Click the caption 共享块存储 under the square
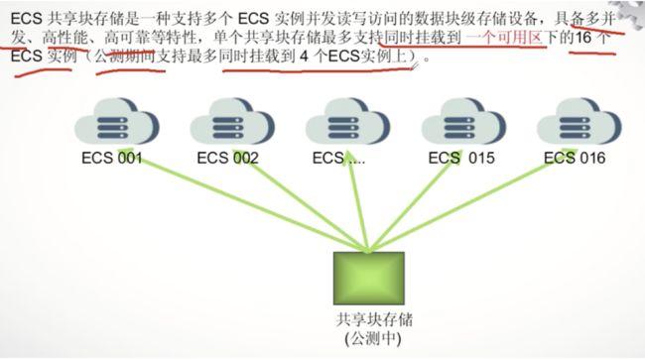(x=369, y=321)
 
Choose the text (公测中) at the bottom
(x=369, y=339)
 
